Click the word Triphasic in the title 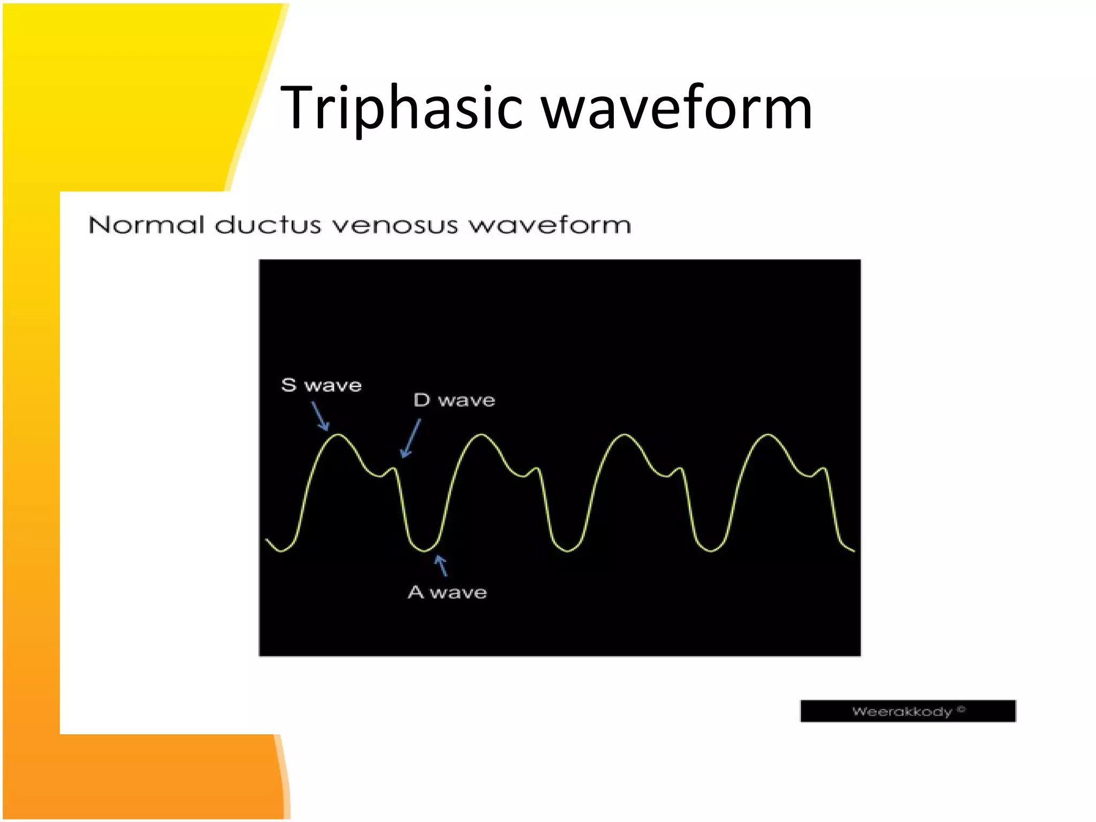(x=401, y=109)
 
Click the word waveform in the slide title (x=676, y=109)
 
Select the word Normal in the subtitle (x=147, y=225)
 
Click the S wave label (x=321, y=385)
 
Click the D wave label (x=454, y=400)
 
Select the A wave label (x=447, y=592)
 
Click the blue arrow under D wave (x=411, y=438)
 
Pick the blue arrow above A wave (x=441, y=565)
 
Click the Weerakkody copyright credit (x=908, y=711)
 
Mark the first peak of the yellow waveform (x=338, y=435)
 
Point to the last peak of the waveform (x=768, y=435)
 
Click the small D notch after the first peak (x=394, y=469)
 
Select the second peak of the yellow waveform (x=482, y=435)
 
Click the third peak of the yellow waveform (x=625, y=435)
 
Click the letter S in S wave (x=288, y=385)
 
